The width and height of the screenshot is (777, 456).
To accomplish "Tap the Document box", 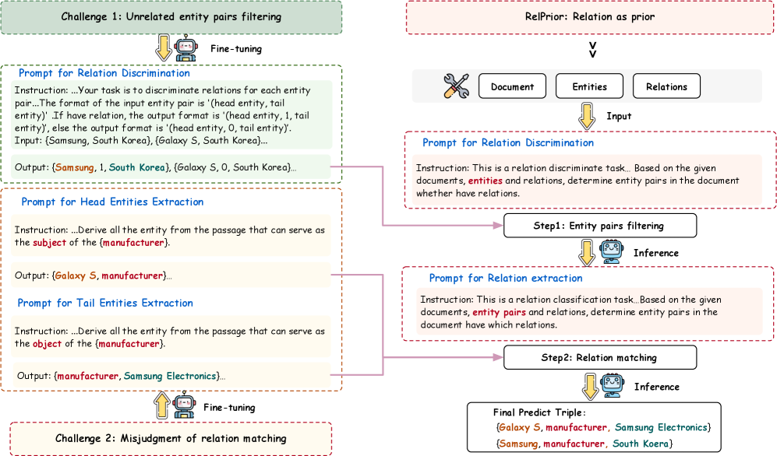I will (512, 87).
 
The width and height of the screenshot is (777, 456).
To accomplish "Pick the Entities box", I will (589, 87).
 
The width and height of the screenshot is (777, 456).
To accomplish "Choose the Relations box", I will (666, 87).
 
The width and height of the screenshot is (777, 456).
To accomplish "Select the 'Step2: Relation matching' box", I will (599, 358).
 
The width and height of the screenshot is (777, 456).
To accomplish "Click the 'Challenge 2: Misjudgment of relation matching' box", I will (171, 438).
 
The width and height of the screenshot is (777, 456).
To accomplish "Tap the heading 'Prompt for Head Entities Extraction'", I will (112, 202).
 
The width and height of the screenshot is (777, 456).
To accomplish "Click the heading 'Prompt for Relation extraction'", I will (505, 278).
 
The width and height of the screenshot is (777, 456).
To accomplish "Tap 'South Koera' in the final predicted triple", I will (642, 443).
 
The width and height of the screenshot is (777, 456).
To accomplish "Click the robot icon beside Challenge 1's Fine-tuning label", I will (185, 49).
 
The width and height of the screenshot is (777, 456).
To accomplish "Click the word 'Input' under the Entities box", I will (619, 116).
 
